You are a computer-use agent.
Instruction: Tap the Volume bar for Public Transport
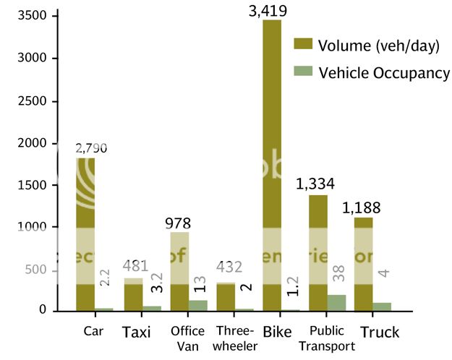318,253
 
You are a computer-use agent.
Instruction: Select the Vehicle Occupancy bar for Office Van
197,305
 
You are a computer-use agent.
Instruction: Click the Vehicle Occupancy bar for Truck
382,307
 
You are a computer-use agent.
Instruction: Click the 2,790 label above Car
91,148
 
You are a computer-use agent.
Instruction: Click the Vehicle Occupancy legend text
384,73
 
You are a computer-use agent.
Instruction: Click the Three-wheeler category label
236,338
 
